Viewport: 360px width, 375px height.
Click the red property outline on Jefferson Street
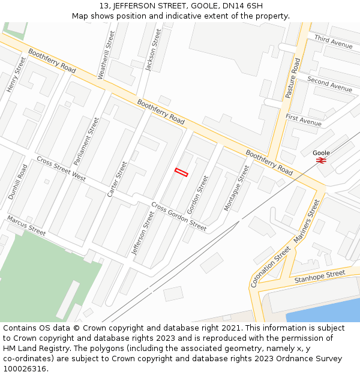point(181,173)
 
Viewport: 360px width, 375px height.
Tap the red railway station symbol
point(321,160)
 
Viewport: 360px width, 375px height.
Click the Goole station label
point(321,153)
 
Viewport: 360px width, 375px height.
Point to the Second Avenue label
point(329,84)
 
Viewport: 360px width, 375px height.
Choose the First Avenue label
point(304,120)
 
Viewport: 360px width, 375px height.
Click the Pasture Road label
point(292,78)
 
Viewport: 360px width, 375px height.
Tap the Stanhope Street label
point(319,277)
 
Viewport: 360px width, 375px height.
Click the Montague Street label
point(236,188)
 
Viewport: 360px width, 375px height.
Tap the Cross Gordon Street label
point(179,217)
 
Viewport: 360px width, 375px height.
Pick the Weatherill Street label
point(106,55)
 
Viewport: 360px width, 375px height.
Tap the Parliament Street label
point(86,142)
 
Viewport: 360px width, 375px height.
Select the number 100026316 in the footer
point(25,368)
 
